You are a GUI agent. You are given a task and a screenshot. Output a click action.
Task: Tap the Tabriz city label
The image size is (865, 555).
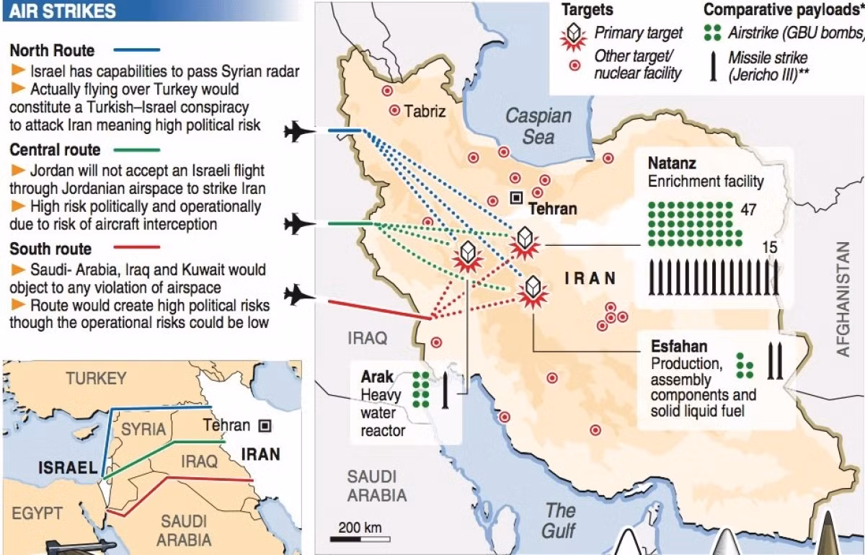coord(425,112)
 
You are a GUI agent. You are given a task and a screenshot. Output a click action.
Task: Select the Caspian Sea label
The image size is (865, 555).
coord(538,125)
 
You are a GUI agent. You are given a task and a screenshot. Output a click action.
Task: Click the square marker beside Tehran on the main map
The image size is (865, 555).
coord(516,197)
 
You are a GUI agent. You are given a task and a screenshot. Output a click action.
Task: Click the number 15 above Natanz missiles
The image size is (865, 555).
coord(769,247)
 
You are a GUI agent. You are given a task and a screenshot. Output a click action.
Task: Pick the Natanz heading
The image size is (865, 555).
coord(672,162)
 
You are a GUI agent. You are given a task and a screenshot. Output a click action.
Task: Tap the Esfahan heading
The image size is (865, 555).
coord(678,346)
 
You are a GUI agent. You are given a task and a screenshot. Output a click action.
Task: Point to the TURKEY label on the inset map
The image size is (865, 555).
coord(96,378)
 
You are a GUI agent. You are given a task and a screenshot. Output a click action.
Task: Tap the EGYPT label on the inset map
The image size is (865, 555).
coord(37,513)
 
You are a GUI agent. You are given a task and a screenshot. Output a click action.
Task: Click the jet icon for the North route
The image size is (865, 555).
coord(301,130)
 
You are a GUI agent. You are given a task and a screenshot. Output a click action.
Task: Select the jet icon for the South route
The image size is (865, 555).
coord(301,294)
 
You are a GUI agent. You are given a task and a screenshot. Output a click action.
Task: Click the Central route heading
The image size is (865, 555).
coord(55,150)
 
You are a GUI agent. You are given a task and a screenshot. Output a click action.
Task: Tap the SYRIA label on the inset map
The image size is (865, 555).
coord(143,428)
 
